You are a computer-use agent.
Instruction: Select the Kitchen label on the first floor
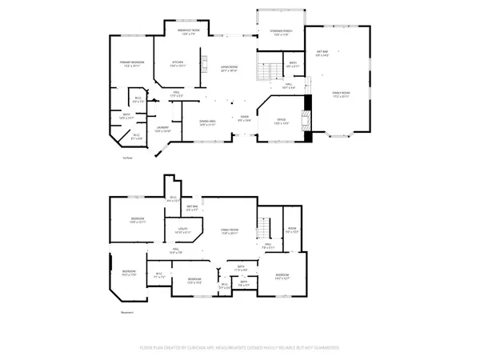click(x=178, y=64)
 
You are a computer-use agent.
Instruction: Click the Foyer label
click(x=244, y=118)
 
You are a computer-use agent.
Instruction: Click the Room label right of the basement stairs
click(x=293, y=231)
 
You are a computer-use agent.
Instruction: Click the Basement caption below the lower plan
click(x=126, y=312)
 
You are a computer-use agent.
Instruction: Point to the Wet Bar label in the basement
click(x=193, y=207)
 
